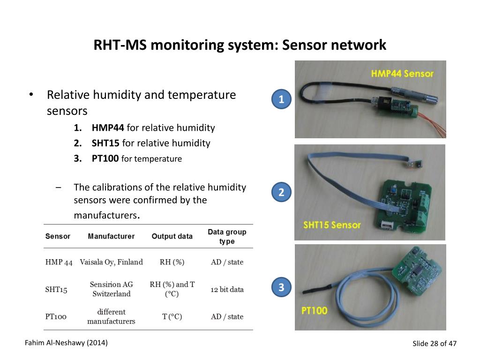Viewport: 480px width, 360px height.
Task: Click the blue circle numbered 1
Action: [281, 99]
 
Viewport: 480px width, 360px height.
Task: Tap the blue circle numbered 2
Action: [281, 192]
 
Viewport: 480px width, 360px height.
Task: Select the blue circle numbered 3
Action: [281, 287]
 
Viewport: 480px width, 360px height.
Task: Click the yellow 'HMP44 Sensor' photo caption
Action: [402, 74]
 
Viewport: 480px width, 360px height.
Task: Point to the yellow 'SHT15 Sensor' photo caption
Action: [332, 225]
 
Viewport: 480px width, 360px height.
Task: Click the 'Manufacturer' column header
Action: [111, 236]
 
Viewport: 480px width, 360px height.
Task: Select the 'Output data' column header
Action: [172, 236]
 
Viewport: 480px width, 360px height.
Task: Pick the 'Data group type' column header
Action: [227, 236]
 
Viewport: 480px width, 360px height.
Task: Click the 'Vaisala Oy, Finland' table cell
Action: [111, 262]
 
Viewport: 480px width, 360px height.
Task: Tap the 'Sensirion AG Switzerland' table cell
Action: [111, 289]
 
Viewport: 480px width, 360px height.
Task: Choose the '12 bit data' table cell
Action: [227, 289]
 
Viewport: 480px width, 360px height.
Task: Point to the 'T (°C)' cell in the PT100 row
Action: [172, 316]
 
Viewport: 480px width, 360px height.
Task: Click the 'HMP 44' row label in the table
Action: [59, 262]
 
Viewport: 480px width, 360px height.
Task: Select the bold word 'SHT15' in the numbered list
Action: [105, 143]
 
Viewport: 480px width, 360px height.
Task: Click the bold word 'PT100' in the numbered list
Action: [105, 158]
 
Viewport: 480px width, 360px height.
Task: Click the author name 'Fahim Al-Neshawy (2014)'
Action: [66, 343]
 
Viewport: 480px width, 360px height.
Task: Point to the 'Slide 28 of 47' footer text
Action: [434, 344]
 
